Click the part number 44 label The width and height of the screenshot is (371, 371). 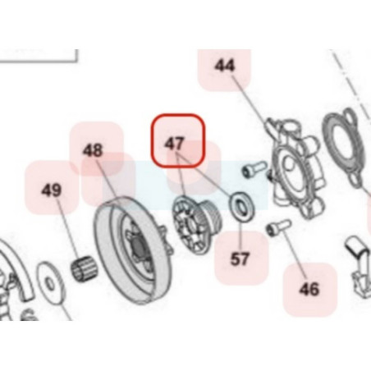coord(225,66)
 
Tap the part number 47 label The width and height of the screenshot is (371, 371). coord(175,143)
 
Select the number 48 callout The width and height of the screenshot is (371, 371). coord(93,150)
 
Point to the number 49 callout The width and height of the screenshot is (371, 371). coord(52,190)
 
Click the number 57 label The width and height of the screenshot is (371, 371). coord(240,259)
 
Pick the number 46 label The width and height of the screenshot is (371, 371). coord(309,289)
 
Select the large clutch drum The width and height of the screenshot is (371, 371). coord(134,250)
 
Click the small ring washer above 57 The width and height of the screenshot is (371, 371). coord(240,207)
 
